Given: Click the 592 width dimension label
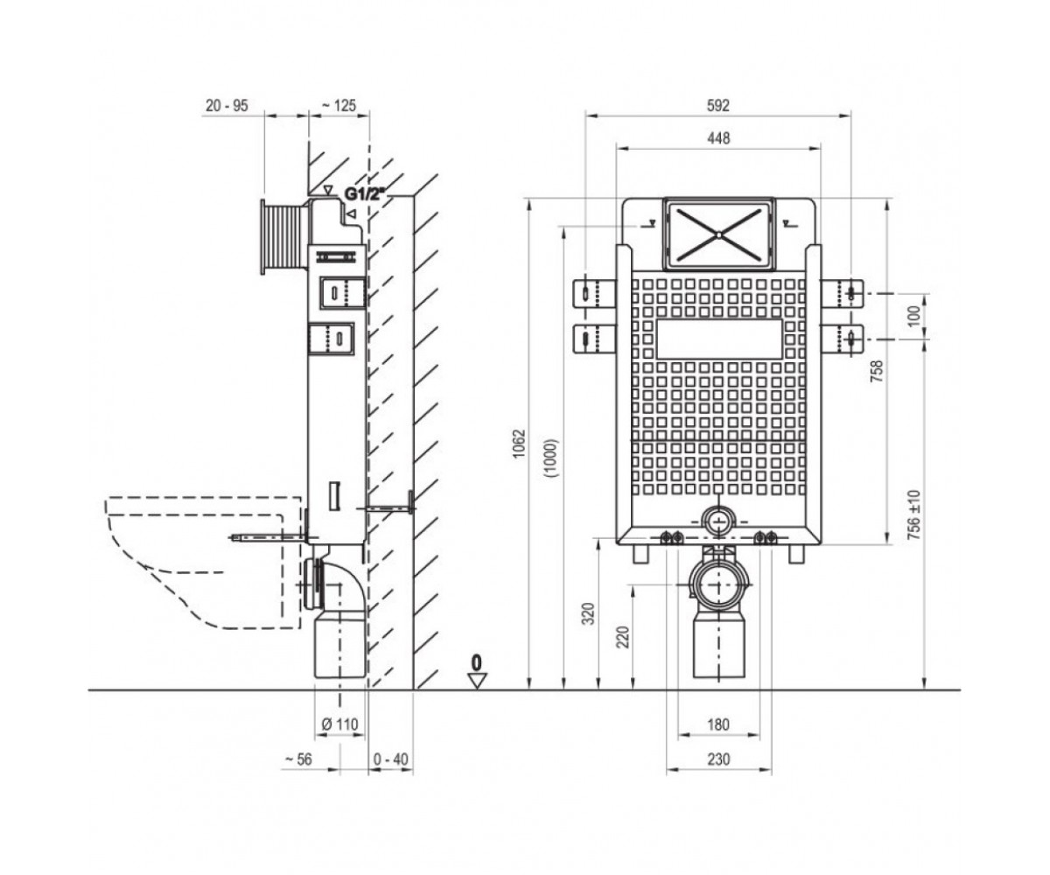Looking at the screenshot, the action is click(x=717, y=106).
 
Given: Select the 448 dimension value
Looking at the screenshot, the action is click(x=718, y=138).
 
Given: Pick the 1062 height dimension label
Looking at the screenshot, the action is click(x=519, y=443).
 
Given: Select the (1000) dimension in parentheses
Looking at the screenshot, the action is click(x=551, y=458).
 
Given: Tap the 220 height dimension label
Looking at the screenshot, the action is click(x=623, y=637).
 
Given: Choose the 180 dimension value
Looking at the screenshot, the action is click(x=717, y=724).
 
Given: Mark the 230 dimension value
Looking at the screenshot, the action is click(x=718, y=759).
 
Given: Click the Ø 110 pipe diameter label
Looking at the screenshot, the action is click(x=339, y=724).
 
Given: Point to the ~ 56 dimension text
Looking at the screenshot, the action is click(x=298, y=759).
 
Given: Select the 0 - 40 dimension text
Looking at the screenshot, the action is click(x=391, y=759).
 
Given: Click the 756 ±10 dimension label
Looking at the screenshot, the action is click(x=914, y=515).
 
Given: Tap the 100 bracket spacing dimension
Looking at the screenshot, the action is click(x=914, y=316).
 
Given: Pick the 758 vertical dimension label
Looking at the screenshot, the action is click(x=877, y=371).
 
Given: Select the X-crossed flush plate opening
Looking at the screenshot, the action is click(x=718, y=234).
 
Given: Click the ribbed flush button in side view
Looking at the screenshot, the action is click(x=283, y=237).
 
